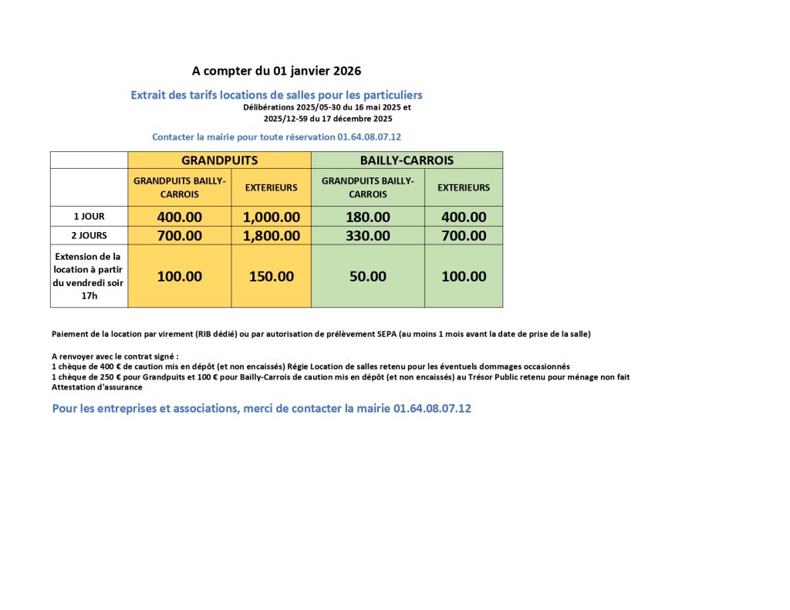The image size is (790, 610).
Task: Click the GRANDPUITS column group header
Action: click(x=219, y=160)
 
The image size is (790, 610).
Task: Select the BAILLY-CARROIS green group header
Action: click(x=407, y=160)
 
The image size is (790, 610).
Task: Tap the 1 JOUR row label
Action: click(x=89, y=217)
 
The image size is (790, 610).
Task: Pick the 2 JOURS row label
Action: click(x=89, y=236)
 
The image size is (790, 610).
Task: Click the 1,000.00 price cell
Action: click(x=271, y=217)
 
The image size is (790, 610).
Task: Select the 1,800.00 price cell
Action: click(x=271, y=236)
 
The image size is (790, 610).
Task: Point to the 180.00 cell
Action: click(x=368, y=217)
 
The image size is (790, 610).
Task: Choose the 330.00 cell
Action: click(x=368, y=236)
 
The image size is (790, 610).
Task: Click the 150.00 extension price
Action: click(x=271, y=276)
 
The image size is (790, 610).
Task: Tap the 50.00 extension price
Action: click(x=368, y=276)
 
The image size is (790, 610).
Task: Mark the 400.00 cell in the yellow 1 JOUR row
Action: click(x=179, y=217)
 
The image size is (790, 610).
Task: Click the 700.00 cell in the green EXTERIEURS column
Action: click(x=464, y=236)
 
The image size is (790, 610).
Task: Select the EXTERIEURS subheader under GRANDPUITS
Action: click(x=271, y=187)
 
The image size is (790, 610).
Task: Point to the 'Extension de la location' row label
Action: click(x=89, y=276)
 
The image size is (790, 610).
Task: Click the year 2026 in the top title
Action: click(x=347, y=71)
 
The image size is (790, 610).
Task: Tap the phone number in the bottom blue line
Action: click(x=432, y=408)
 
